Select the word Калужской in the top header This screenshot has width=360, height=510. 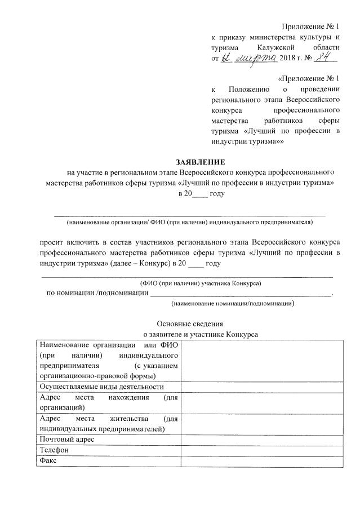click(277, 48)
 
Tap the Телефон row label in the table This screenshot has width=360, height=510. click(54, 450)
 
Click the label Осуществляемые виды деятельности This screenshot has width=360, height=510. click(101, 387)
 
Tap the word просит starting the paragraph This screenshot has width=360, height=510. click(51, 240)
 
